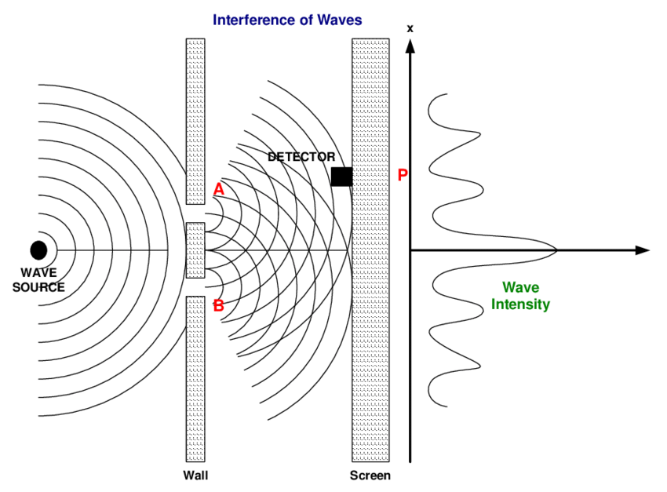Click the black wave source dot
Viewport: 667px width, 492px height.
(38, 250)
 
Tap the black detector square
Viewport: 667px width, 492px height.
(341, 177)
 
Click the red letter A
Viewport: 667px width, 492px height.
(219, 189)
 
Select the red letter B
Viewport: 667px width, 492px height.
(219, 305)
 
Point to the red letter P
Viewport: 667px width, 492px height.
(403, 175)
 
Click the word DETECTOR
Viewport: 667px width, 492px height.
(301, 157)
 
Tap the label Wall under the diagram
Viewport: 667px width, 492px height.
(195, 476)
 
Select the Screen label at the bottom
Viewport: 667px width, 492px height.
(370, 476)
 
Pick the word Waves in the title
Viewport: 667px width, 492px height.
(341, 20)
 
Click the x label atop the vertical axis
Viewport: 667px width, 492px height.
(410, 29)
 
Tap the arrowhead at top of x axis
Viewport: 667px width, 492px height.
(410, 45)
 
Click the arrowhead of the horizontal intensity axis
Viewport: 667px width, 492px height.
(643, 250)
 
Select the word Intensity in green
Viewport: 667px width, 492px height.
(521, 304)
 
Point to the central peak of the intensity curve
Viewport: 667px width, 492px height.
(556, 250)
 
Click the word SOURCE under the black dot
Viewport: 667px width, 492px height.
(38, 287)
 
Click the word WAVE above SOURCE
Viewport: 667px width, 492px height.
(38, 273)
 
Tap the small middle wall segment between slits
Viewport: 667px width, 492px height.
(195, 250)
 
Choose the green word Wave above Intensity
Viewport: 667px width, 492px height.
(520, 288)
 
